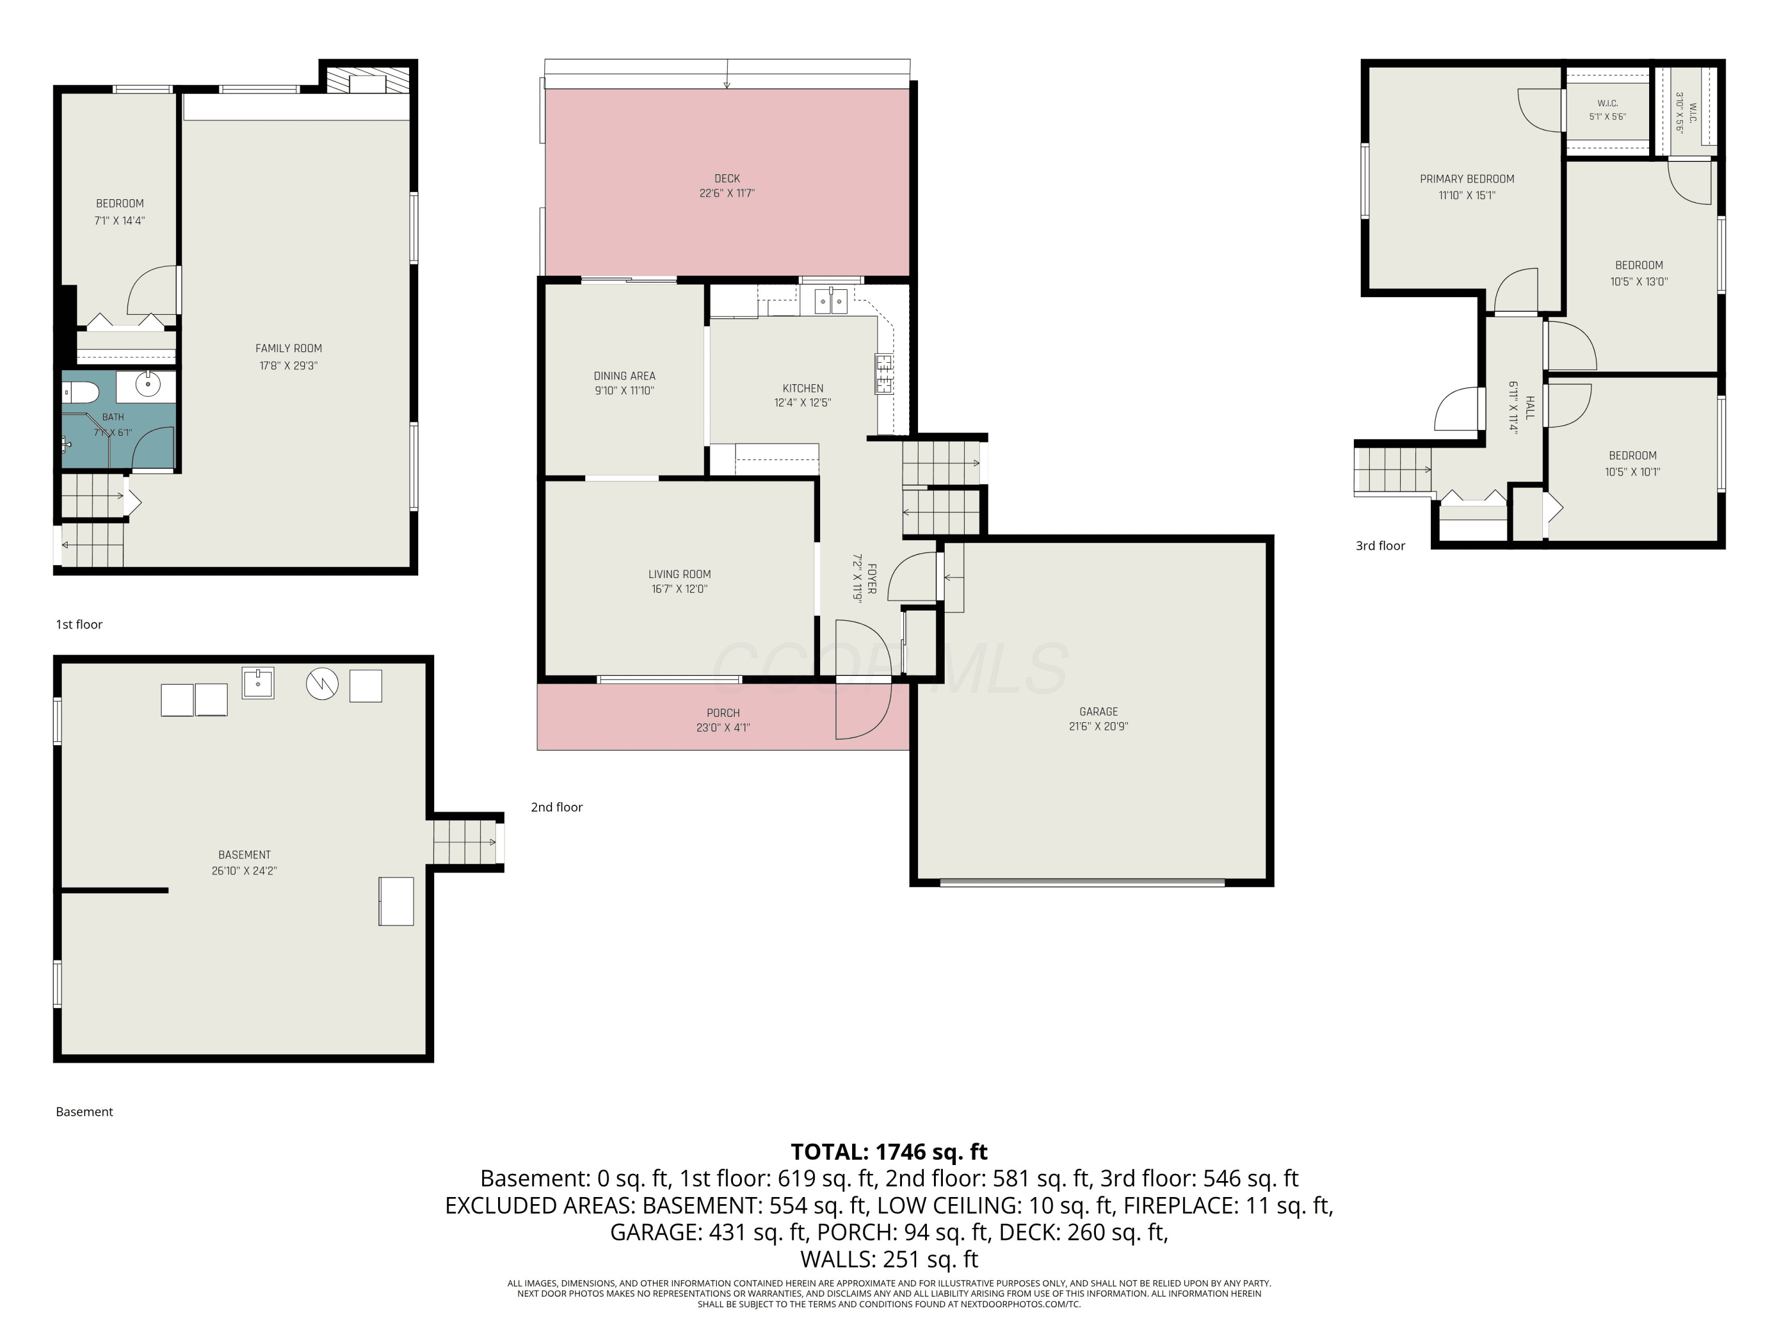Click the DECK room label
click(726, 178)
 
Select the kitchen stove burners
click(884, 374)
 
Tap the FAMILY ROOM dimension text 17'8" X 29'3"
click(288, 366)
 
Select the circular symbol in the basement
click(321, 684)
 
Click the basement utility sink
click(258, 682)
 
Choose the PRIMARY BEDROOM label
click(1467, 179)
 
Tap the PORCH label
click(723, 713)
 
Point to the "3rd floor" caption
click(1380, 546)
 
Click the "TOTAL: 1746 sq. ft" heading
click(889, 1151)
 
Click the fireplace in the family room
click(368, 79)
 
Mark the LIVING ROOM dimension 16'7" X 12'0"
click(680, 589)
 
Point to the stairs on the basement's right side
click(465, 842)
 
